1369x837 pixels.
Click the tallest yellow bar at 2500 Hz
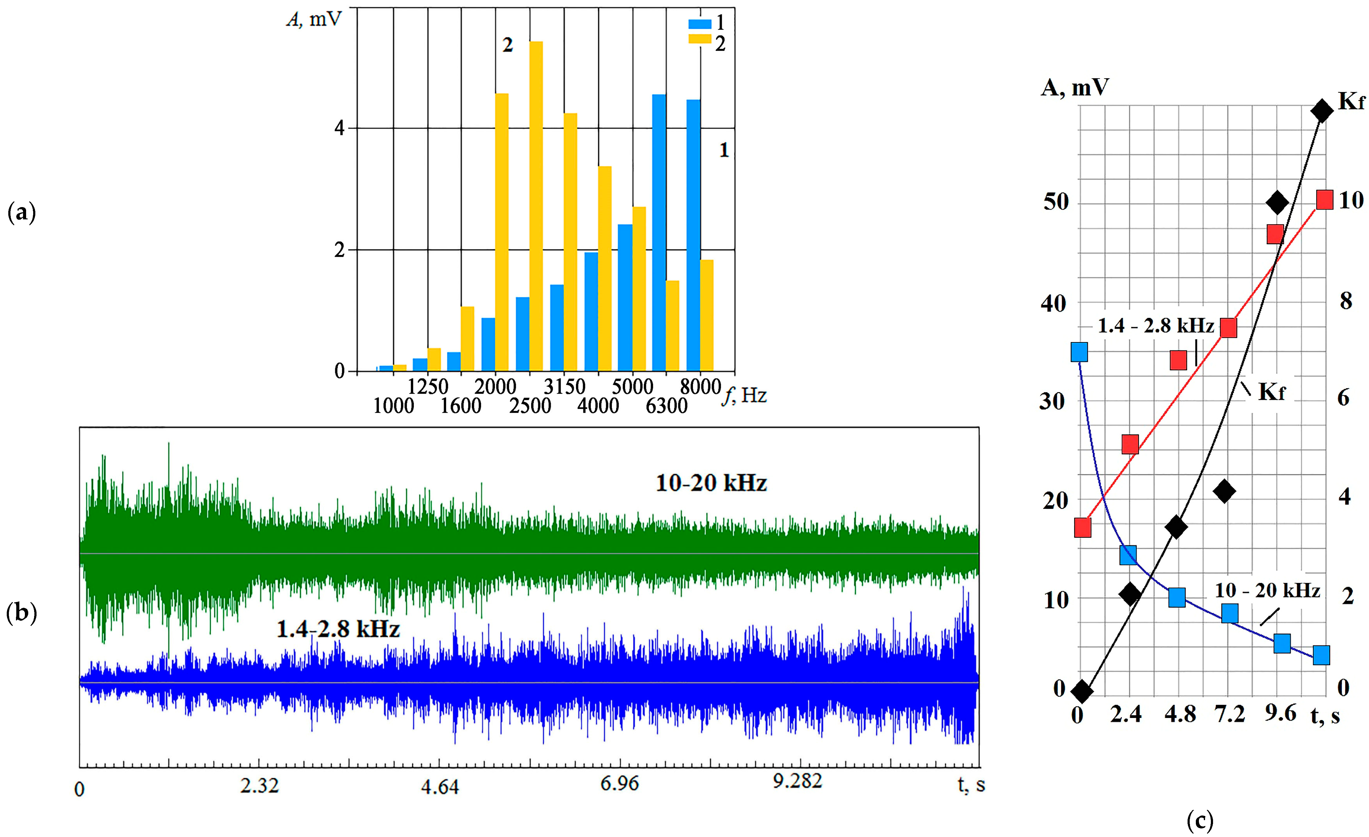(x=536, y=206)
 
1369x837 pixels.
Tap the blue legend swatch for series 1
(x=699, y=24)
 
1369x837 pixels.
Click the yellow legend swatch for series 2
(x=699, y=39)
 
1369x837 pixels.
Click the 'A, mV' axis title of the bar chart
(x=314, y=19)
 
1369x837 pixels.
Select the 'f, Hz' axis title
(x=745, y=395)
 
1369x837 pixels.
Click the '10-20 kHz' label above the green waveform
(x=711, y=483)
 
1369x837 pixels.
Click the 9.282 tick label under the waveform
(x=797, y=781)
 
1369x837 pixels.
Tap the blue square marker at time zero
(x=1079, y=352)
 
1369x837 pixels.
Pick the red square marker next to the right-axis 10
(x=1324, y=199)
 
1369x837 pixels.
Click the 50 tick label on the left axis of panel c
(x=1056, y=202)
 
